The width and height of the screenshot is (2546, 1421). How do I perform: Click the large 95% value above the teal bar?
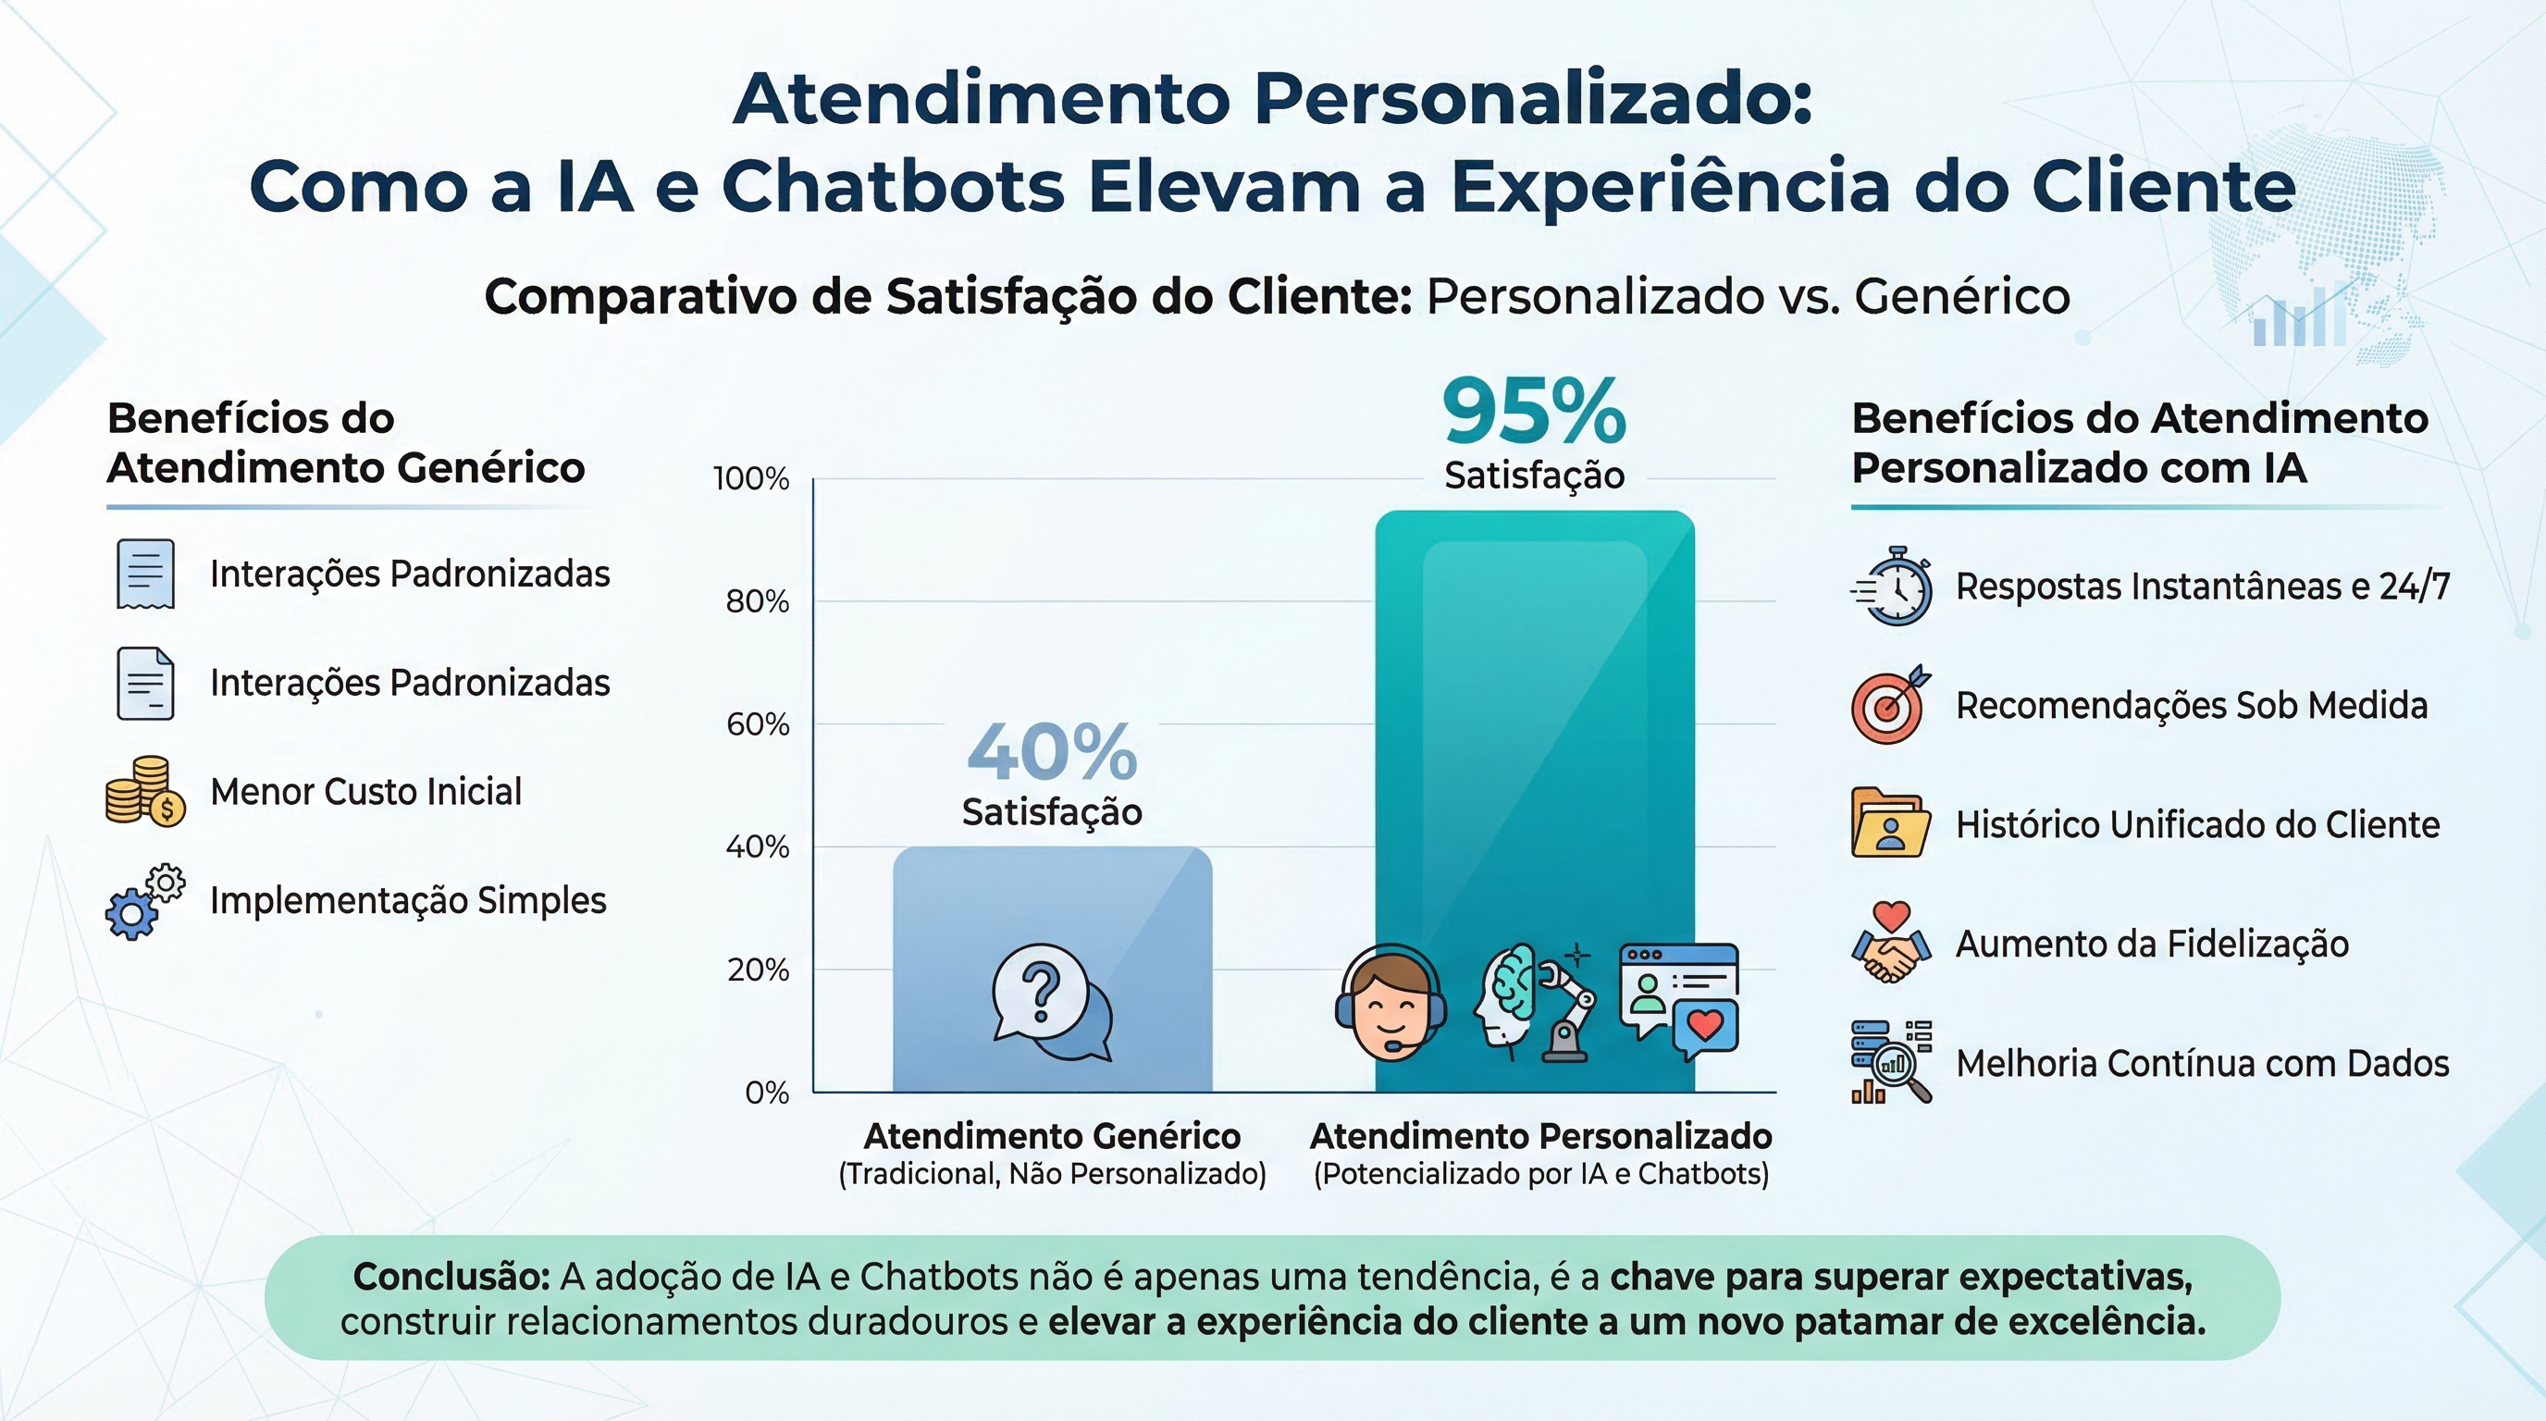pyautogui.click(x=1533, y=410)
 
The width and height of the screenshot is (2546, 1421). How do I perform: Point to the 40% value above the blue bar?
pyautogui.click(x=1052, y=752)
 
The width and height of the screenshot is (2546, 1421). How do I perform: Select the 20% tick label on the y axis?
pyautogui.click(x=757, y=970)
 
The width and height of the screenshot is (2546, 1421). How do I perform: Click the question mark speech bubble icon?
pyautogui.click(x=1051, y=1002)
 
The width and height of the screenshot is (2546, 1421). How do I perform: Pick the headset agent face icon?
pyautogui.click(x=1390, y=1002)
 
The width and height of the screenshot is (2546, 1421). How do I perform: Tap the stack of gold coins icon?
pyautogui.click(x=144, y=791)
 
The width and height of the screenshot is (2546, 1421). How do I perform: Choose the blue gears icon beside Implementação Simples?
pyautogui.click(x=144, y=901)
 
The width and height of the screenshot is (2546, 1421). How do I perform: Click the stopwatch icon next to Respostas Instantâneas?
pyautogui.click(x=1892, y=586)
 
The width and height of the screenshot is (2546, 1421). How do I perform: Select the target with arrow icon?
pyautogui.click(x=1890, y=705)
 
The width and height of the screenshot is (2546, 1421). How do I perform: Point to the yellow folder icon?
pyautogui.click(x=1889, y=823)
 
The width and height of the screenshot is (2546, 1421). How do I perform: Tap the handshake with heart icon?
pyautogui.click(x=1890, y=943)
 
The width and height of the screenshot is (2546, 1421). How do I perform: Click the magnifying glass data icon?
pyautogui.click(x=1891, y=1062)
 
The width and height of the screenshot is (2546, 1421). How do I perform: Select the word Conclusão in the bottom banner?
pyautogui.click(x=451, y=1277)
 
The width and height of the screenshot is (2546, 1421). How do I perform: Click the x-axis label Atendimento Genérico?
pyautogui.click(x=1052, y=1136)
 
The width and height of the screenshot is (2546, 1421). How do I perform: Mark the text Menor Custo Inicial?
pyautogui.click(x=365, y=792)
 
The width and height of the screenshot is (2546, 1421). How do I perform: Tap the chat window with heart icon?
pyautogui.click(x=1678, y=1000)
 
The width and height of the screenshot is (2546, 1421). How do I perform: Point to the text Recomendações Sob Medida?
pyautogui.click(x=2191, y=706)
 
